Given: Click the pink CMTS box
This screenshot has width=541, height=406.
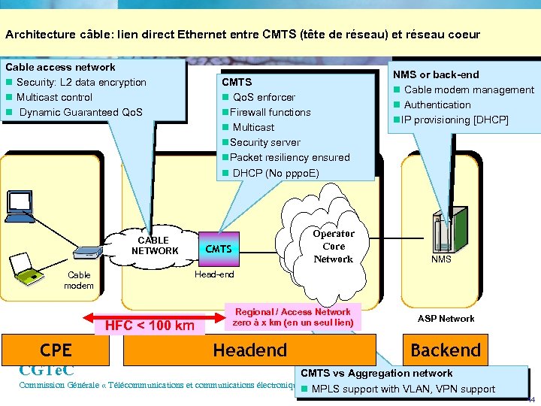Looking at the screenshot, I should (x=219, y=249).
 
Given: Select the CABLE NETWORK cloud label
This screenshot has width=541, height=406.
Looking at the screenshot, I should (x=154, y=246).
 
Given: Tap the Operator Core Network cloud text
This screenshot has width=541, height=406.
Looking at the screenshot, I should (x=333, y=246).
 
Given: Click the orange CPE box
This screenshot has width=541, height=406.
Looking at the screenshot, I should (x=56, y=350).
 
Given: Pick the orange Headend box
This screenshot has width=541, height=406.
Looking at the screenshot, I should (x=250, y=350).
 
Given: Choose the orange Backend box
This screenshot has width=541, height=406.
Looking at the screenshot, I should (x=445, y=350).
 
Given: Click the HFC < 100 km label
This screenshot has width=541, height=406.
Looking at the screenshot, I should (x=150, y=326).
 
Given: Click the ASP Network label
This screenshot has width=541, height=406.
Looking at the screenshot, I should (x=446, y=319).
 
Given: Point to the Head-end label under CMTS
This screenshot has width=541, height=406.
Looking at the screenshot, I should (x=214, y=274).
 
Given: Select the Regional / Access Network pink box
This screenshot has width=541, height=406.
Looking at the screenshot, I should (x=292, y=317).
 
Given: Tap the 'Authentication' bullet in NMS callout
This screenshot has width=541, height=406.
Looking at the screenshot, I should (x=437, y=105).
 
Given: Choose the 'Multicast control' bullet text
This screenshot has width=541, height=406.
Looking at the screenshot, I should (x=54, y=97).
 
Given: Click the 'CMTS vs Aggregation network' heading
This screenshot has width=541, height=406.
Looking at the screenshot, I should (x=376, y=373).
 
